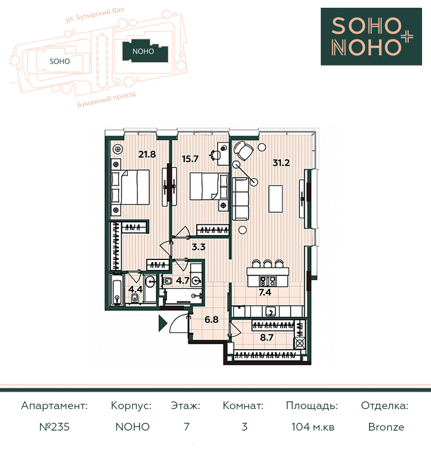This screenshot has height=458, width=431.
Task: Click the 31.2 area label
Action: (281, 163)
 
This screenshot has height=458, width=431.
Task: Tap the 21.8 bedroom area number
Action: (147, 154)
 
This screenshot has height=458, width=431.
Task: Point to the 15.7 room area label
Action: (190, 159)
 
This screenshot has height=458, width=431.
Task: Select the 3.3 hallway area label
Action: (199, 247)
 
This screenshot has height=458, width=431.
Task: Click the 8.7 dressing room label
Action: (266, 338)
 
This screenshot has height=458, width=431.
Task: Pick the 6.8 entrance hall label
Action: (212, 320)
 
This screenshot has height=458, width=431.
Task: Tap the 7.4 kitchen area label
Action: (265, 292)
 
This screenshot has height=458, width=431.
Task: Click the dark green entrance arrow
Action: (162, 323)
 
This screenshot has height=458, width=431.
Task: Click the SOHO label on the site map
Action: (60, 61)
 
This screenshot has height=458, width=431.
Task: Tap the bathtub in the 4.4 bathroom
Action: (117, 290)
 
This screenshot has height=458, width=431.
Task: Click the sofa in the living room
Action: (241, 199)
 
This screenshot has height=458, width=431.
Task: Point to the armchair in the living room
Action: (244, 151)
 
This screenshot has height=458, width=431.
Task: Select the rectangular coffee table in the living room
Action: (275, 199)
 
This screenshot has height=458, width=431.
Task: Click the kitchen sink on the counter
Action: (271, 312)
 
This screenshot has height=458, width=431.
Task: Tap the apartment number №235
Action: (54, 427)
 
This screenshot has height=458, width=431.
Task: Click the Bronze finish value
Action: (386, 427)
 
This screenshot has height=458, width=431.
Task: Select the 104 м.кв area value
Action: (313, 427)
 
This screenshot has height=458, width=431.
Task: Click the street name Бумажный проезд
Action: (107, 100)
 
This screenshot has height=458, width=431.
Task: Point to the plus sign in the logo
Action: (407, 38)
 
